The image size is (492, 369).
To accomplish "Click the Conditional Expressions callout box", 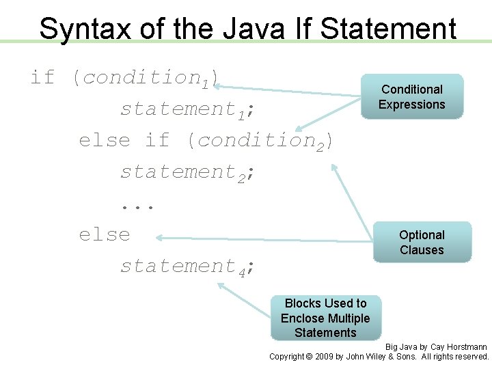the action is (x=412, y=97).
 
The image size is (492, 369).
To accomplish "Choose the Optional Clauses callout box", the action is (x=422, y=243).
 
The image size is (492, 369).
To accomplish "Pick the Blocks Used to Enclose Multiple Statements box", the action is (x=325, y=318).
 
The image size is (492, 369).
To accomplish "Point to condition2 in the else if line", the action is (x=256, y=141).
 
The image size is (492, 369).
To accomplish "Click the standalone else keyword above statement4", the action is (x=104, y=234).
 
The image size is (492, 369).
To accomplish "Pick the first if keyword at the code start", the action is (x=42, y=77).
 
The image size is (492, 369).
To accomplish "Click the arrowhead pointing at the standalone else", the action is (x=159, y=238).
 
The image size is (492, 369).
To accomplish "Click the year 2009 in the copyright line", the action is (x=324, y=357).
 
